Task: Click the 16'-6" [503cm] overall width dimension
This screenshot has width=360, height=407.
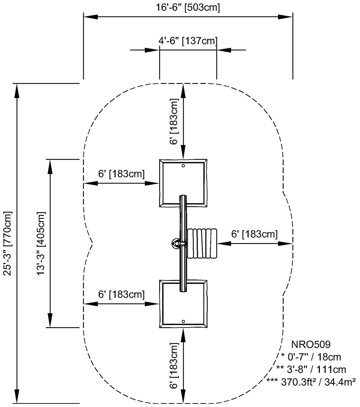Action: (x=188, y=7)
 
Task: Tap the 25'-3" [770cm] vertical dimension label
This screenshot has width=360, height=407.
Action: (x=8, y=243)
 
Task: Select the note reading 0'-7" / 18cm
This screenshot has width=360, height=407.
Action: (x=311, y=357)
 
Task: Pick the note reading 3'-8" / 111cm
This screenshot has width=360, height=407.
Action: (x=311, y=369)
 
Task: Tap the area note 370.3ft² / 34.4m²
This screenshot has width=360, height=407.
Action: (x=312, y=381)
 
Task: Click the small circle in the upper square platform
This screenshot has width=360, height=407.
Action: (x=183, y=166)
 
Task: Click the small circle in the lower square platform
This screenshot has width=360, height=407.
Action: (x=183, y=321)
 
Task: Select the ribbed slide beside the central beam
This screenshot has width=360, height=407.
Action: (x=202, y=243)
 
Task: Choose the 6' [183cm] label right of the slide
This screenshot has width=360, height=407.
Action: (x=255, y=234)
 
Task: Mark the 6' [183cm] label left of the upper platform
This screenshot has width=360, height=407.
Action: (x=121, y=174)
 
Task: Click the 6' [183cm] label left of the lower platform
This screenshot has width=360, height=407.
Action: (x=121, y=294)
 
